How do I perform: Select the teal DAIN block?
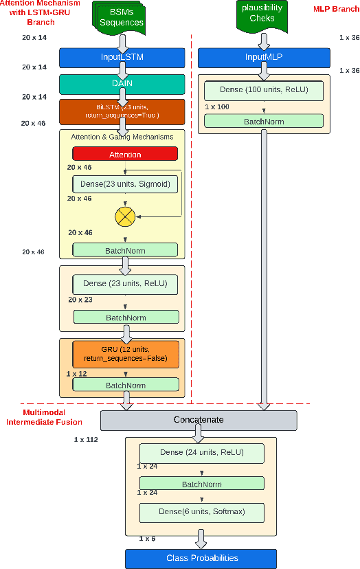[122, 85]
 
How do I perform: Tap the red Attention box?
[125, 155]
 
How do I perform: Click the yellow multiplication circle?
[125, 217]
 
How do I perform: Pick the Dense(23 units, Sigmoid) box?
[125, 184]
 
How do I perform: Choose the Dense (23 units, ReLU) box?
[125, 284]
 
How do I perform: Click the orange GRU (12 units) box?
[125, 354]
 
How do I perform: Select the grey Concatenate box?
[199, 420]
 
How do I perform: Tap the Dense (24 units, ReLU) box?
[201, 453]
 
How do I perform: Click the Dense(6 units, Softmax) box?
[201, 513]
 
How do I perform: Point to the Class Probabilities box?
[201, 558]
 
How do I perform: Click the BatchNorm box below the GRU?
[125, 385]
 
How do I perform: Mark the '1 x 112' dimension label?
[87, 438]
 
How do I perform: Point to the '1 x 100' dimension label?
[218, 107]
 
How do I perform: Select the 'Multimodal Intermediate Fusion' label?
[44, 416]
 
